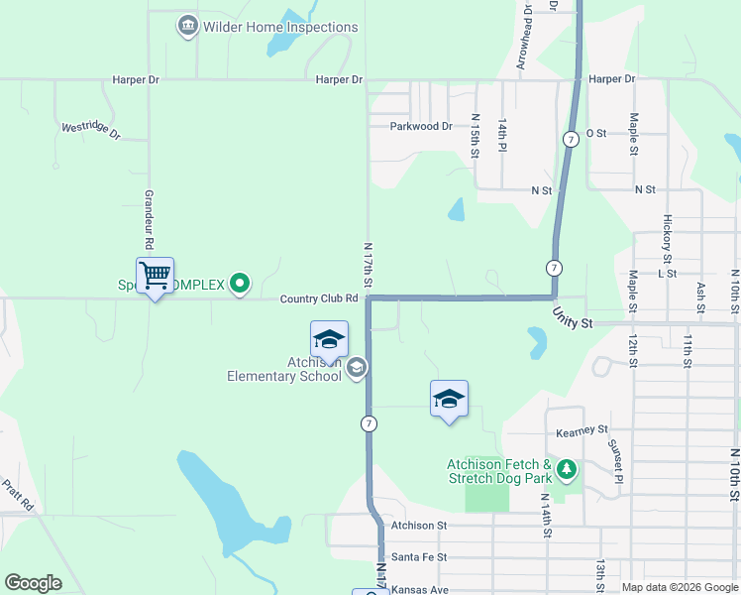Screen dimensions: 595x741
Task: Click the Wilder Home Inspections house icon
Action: (187, 26)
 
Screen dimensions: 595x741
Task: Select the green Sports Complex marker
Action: (239, 285)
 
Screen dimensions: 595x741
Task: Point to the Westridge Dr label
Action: (90, 130)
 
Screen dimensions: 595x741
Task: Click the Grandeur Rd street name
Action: (150, 219)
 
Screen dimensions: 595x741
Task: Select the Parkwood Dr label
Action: (421, 126)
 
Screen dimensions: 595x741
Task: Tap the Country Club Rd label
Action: (318, 298)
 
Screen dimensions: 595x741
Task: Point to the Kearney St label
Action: (582, 430)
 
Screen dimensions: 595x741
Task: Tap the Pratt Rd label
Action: (19, 495)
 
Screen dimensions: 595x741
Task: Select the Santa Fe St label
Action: (419, 557)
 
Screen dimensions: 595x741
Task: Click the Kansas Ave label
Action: (420, 590)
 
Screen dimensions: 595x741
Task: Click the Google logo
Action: (34, 583)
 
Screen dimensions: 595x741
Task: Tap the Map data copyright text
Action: (679, 587)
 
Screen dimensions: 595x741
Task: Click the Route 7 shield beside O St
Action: (571, 140)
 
